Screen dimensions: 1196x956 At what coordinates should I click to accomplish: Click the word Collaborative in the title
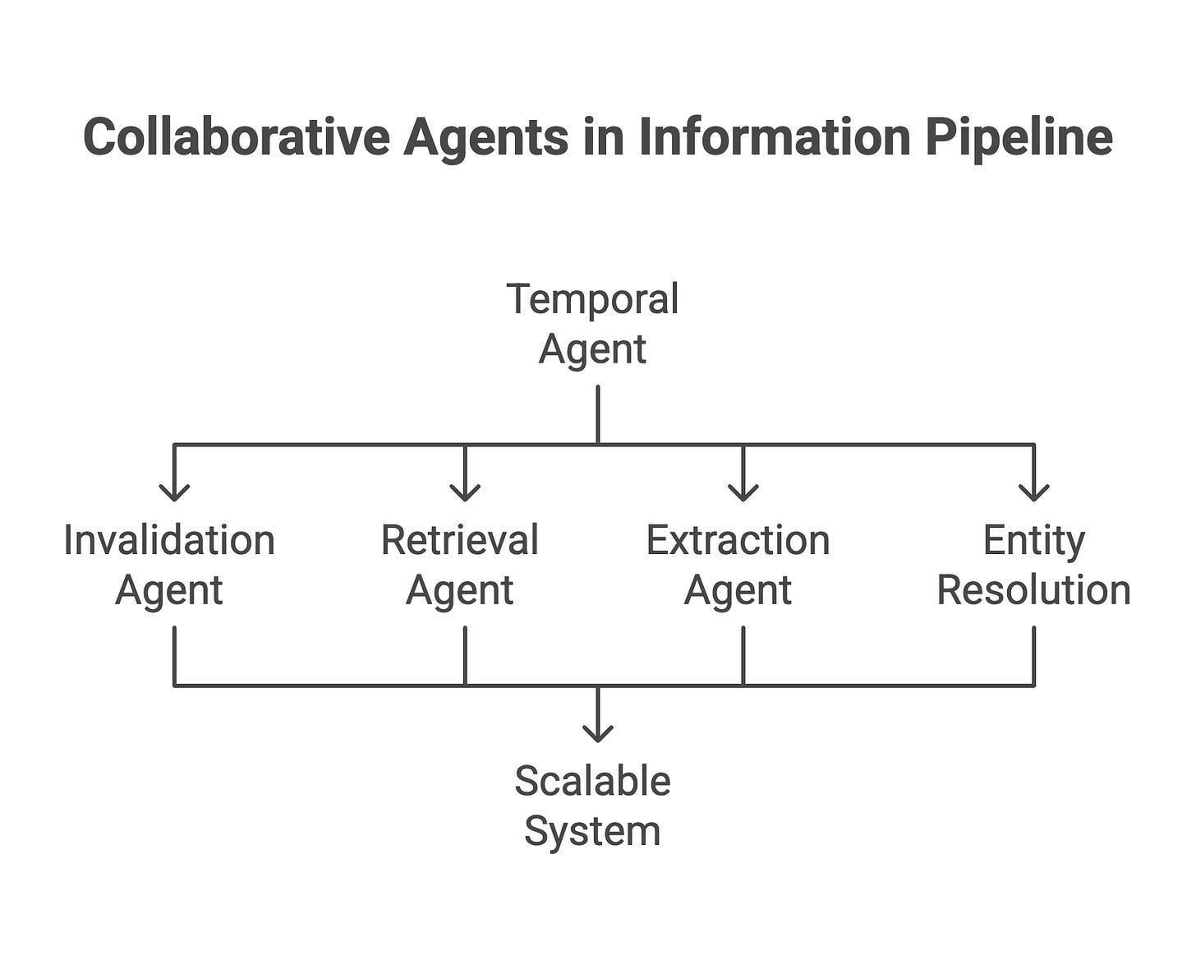click(x=237, y=136)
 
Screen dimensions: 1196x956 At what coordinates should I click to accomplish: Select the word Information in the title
click(x=775, y=136)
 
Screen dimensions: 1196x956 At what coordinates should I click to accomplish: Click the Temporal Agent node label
click(x=592, y=324)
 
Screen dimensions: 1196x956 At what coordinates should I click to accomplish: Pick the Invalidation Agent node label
click(x=169, y=565)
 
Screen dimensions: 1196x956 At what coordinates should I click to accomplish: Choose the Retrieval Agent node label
click(x=460, y=565)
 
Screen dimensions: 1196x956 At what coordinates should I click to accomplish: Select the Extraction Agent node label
click(x=738, y=565)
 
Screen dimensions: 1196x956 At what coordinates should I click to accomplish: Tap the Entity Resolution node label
click(x=1033, y=565)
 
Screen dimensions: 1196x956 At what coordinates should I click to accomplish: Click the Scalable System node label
click(x=592, y=806)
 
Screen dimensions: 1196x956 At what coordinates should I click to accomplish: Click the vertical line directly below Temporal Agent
click(x=597, y=415)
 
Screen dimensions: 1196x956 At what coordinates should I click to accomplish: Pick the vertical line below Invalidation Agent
click(x=174, y=656)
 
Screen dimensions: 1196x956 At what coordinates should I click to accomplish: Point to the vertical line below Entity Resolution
click(x=1033, y=656)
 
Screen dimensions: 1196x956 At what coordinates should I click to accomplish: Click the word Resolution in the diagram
click(x=1033, y=590)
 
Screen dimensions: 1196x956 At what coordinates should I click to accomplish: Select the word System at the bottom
click(x=592, y=833)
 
